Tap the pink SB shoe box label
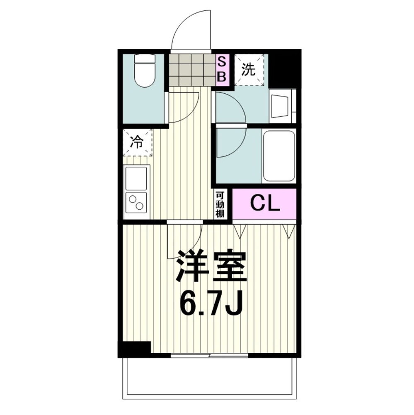click(222, 69)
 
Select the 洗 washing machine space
click(249, 70)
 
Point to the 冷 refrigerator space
click(137, 142)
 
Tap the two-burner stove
click(136, 203)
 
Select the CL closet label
click(264, 204)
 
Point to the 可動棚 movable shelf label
click(219, 204)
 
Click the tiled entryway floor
click(192, 69)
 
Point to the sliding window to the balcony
click(210, 355)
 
